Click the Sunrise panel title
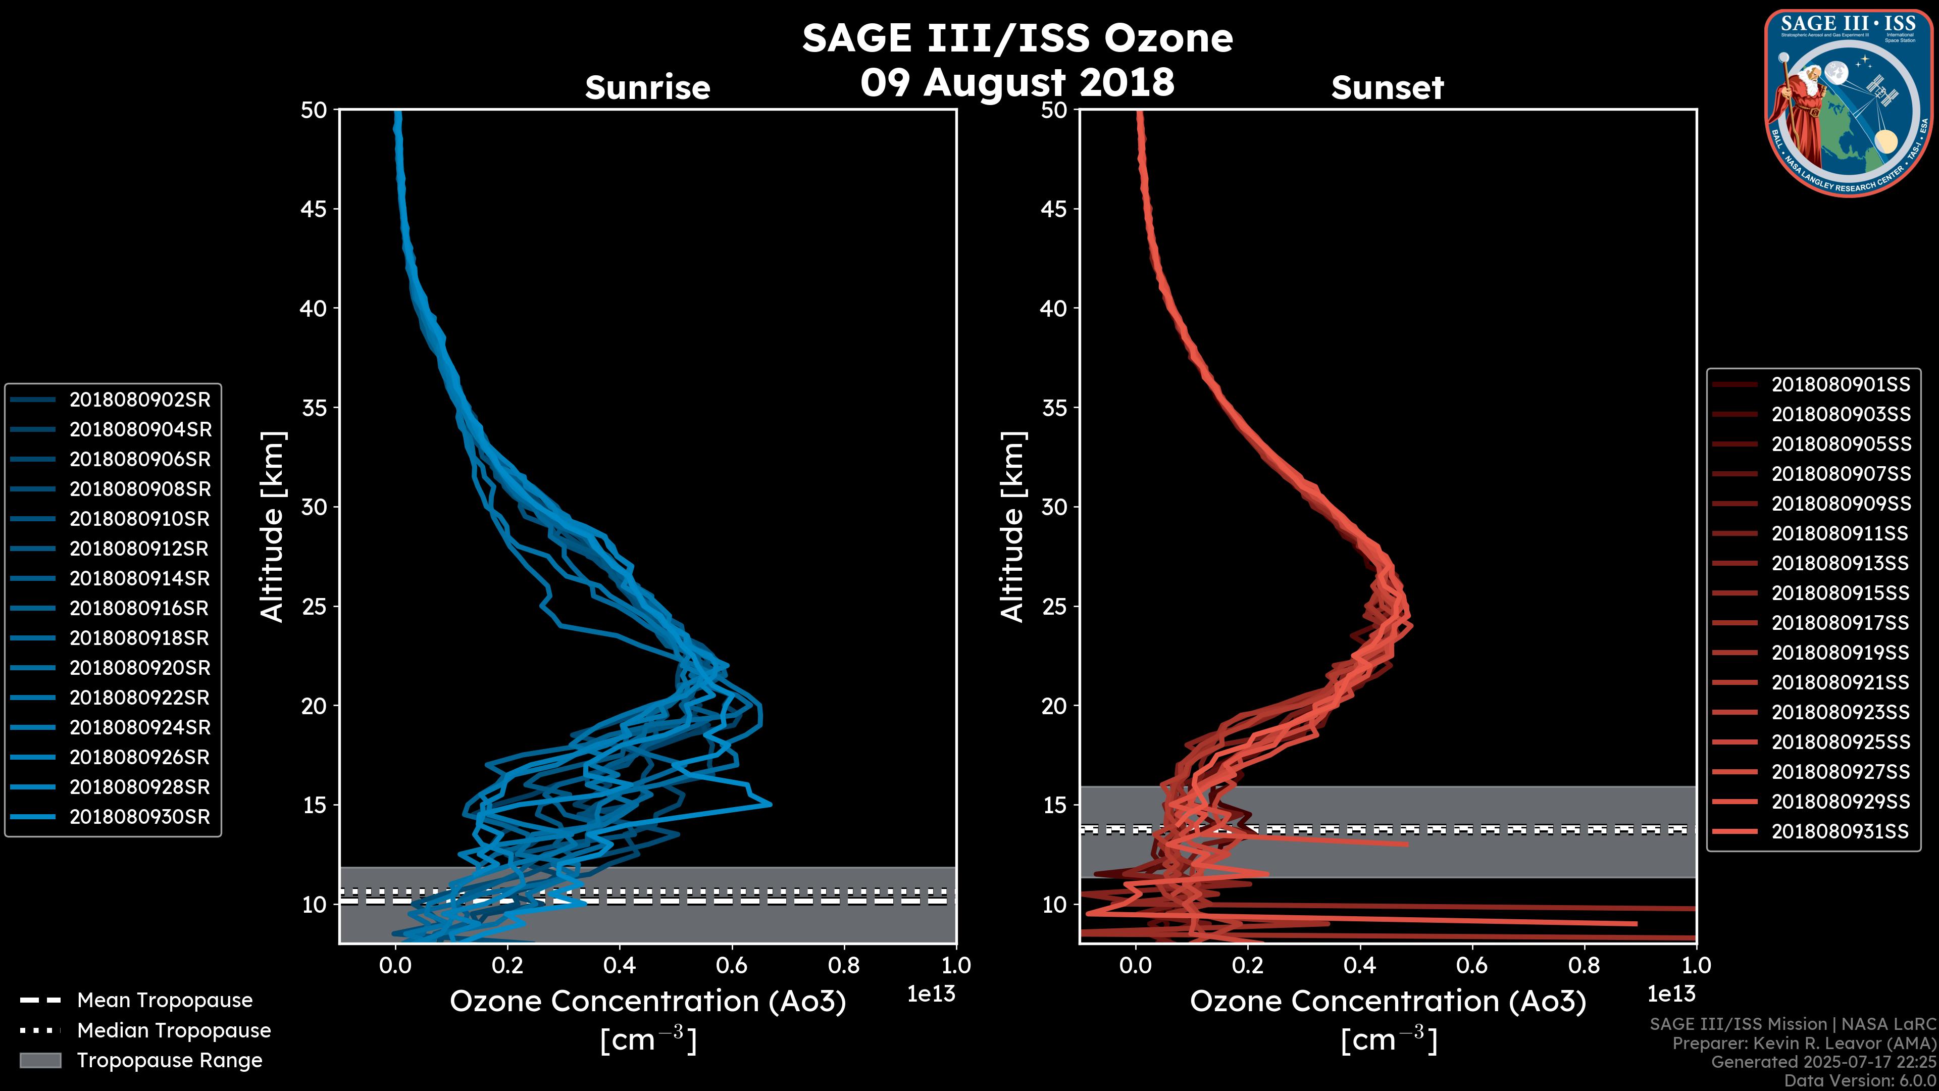pos(647,88)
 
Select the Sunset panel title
pos(1387,88)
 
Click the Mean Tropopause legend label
pos(165,1000)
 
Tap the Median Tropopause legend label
pos(174,1030)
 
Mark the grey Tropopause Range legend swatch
pos(40,1060)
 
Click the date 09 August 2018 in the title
pos(1017,82)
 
